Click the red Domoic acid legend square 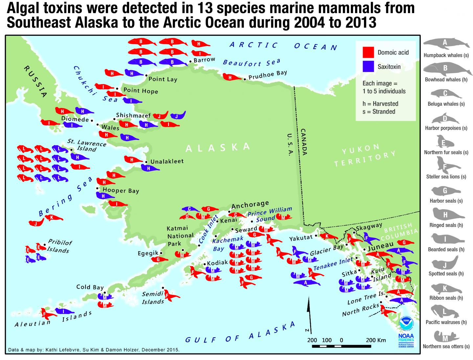pyautogui.click(x=368, y=52)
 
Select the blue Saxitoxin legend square pyautogui.click(x=368, y=66)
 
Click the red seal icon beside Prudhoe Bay pyautogui.click(x=232, y=78)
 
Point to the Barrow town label pyautogui.click(x=204, y=60)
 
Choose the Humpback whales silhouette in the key pyautogui.click(x=445, y=44)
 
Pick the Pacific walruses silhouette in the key pyautogui.click(x=445, y=311)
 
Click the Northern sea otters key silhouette pyautogui.click(x=445, y=337)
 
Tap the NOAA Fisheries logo pyautogui.click(x=407, y=332)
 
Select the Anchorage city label pyautogui.click(x=250, y=205)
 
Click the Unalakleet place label pyautogui.click(x=167, y=162)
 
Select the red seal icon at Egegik pyautogui.click(x=159, y=259)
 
